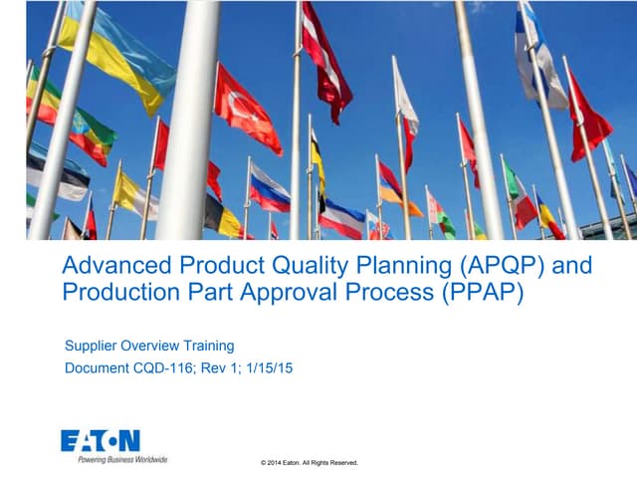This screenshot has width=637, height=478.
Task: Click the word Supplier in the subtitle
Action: [93, 347]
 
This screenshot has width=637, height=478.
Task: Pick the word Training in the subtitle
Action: [205, 347]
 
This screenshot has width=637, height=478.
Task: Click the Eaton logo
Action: [101, 440]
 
